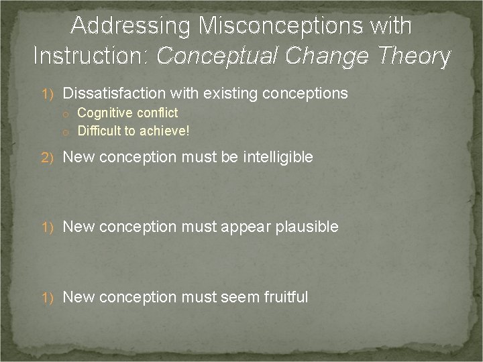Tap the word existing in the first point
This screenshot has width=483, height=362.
227,93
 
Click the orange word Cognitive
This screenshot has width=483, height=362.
103,113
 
